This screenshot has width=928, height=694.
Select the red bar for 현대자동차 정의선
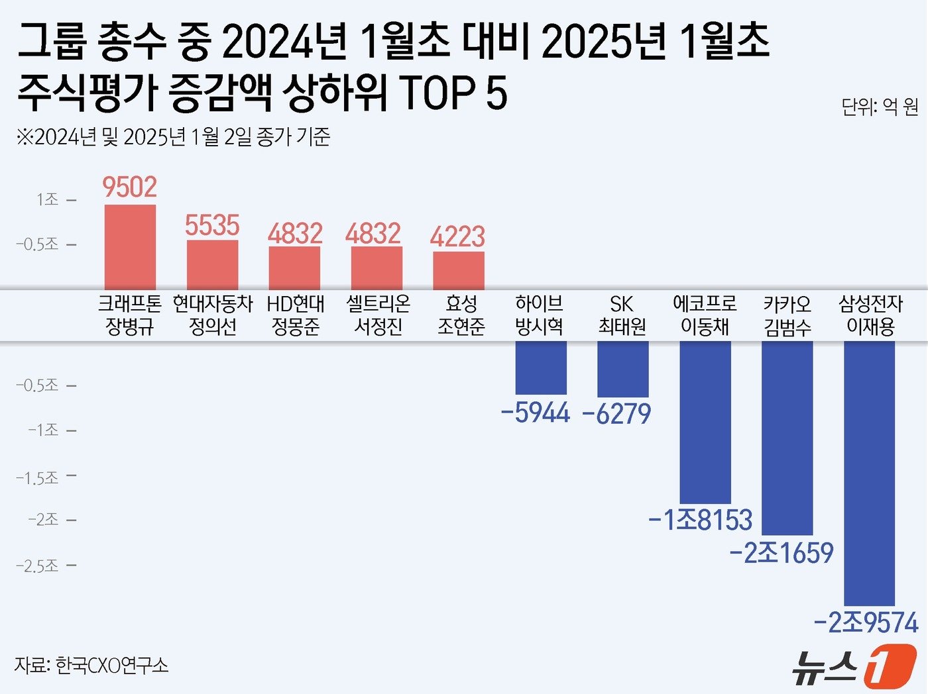click(212, 265)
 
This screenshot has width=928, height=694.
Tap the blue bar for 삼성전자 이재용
click(869, 473)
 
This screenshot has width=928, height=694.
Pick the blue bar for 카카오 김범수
click(787, 437)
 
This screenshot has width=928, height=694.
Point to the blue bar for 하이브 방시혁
click(541, 368)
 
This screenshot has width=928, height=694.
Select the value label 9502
click(130, 187)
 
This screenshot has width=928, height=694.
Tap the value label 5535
click(212, 225)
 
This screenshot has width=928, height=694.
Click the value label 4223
click(457, 236)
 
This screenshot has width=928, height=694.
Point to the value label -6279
click(616, 414)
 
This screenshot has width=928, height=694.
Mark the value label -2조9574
click(866, 623)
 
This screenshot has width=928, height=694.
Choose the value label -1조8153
click(701, 520)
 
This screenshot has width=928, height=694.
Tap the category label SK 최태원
click(622, 315)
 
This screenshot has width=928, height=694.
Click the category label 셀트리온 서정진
click(378, 315)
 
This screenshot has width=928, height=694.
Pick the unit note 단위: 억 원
click(880, 107)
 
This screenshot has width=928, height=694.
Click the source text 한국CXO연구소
click(111, 665)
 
